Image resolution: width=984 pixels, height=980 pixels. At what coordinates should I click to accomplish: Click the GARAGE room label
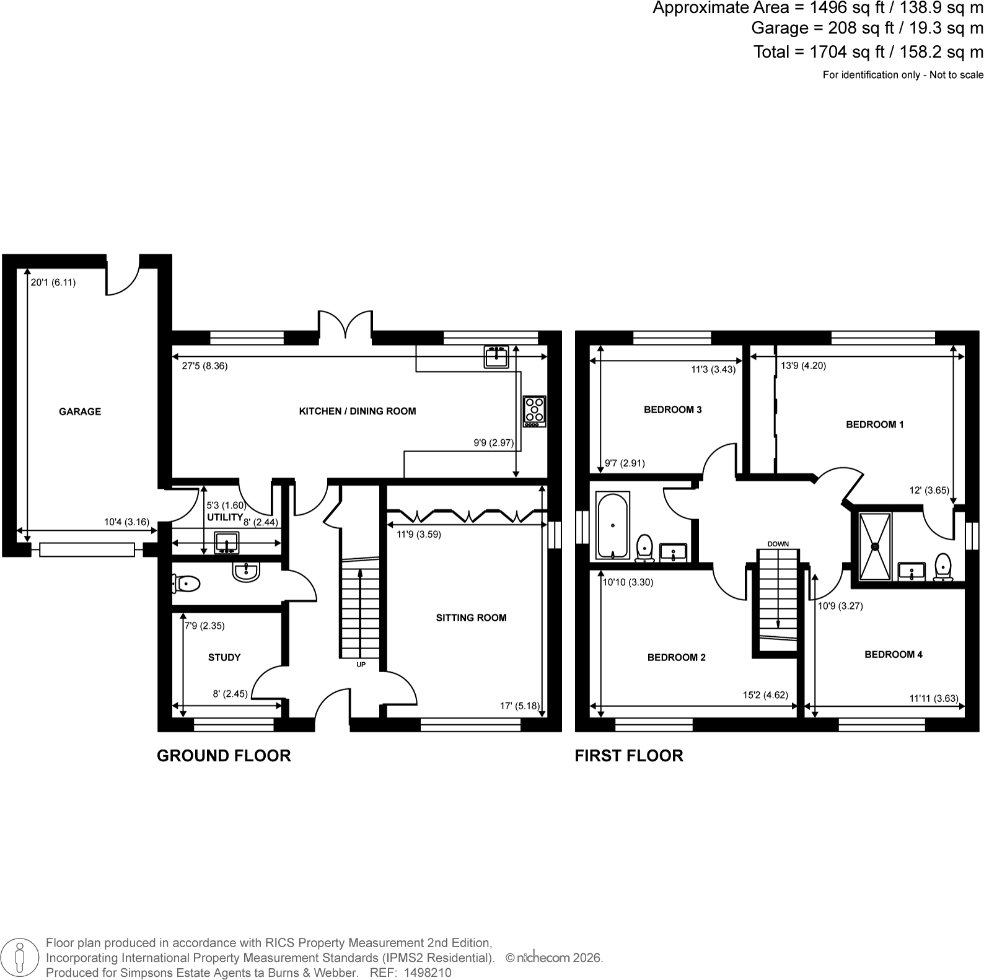click(80, 411)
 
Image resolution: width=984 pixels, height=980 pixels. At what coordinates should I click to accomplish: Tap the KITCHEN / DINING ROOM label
click(358, 411)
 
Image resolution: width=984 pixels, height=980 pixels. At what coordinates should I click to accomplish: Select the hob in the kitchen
click(535, 411)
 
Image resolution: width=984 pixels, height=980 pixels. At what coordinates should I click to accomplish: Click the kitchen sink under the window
click(496, 357)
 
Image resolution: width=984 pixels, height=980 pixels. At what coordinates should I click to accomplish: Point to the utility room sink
click(227, 543)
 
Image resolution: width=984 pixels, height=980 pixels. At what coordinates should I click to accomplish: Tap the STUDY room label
click(224, 657)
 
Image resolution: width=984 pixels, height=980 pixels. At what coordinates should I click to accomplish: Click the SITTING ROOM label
click(472, 618)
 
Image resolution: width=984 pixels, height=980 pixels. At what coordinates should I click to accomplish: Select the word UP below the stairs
click(361, 665)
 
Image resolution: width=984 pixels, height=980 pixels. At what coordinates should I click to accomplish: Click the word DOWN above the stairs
click(778, 544)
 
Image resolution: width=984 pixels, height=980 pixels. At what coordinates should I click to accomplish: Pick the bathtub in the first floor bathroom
click(613, 525)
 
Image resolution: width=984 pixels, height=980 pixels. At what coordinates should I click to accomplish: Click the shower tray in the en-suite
click(876, 547)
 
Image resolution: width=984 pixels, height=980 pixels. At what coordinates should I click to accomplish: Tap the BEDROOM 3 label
click(673, 409)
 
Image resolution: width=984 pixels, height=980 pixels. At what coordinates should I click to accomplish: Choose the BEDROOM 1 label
click(875, 424)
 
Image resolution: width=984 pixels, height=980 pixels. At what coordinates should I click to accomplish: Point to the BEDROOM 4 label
click(894, 654)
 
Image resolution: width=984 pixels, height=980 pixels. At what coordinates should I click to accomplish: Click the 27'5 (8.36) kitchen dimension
click(204, 366)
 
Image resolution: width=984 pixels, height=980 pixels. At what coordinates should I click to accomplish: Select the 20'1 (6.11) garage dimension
click(53, 282)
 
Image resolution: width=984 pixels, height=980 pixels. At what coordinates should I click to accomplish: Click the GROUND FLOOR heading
click(224, 756)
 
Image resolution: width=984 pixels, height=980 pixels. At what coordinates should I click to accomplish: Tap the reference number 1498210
click(428, 973)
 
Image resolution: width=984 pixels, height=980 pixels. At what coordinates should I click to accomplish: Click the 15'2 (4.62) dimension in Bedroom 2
click(766, 695)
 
